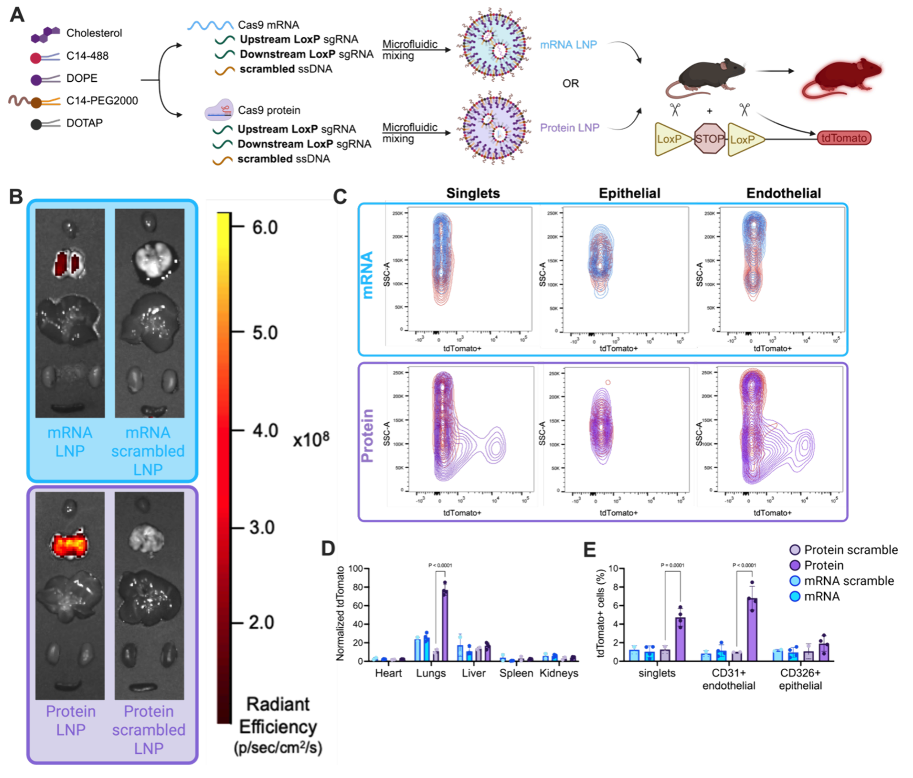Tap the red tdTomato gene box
point(844,138)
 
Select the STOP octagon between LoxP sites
point(709,139)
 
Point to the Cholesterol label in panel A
point(94,33)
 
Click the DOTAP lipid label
point(84,123)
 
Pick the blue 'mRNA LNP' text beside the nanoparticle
point(568,45)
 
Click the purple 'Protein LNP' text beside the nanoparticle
point(569,128)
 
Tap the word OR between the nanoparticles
point(570,83)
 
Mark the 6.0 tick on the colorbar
point(264,227)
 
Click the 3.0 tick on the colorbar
point(261,528)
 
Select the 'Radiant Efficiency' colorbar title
point(278,715)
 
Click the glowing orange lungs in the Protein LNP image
point(70,544)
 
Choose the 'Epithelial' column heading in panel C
point(629,193)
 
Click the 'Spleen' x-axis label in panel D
point(516,673)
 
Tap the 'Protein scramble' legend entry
point(850,550)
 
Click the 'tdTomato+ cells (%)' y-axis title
point(600,614)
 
